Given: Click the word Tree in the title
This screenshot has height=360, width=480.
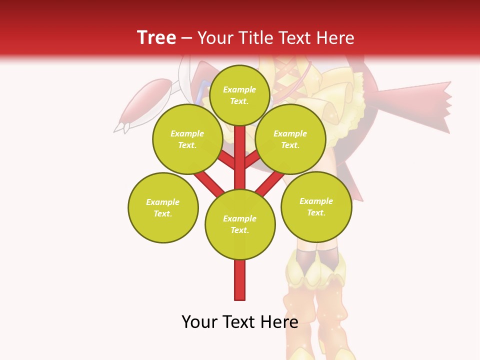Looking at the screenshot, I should pyautogui.click(x=156, y=37).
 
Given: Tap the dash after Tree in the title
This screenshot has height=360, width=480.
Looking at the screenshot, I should pyautogui.click(x=186, y=38).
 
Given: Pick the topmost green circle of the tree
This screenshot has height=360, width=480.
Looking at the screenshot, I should pyautogui.click(x=239, y=95).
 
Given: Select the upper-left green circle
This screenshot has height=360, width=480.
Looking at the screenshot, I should pyautogui.click(x=187, y=139).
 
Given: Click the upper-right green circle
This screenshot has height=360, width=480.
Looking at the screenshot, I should pyautogui.click(x=290, y=139).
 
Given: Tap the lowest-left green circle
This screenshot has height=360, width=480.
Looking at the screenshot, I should pyautogui.click(x=163, y=207).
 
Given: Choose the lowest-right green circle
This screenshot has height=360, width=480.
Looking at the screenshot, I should pyautogui.click(x=316, y=206).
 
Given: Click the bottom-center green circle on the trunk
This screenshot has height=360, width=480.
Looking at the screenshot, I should pyautogui.click(x=240, y=224).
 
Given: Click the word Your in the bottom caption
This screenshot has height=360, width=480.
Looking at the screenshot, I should pyautogui.click(x=200, y=322).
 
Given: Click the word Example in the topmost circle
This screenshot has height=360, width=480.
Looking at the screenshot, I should pyautogui.click(x=239, y=90).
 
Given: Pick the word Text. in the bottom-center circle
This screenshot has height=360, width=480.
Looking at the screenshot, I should pyautogui.click(x=240, y=230).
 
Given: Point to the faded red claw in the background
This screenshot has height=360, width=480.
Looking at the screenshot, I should pyautogui.click(x=145, y=102).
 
